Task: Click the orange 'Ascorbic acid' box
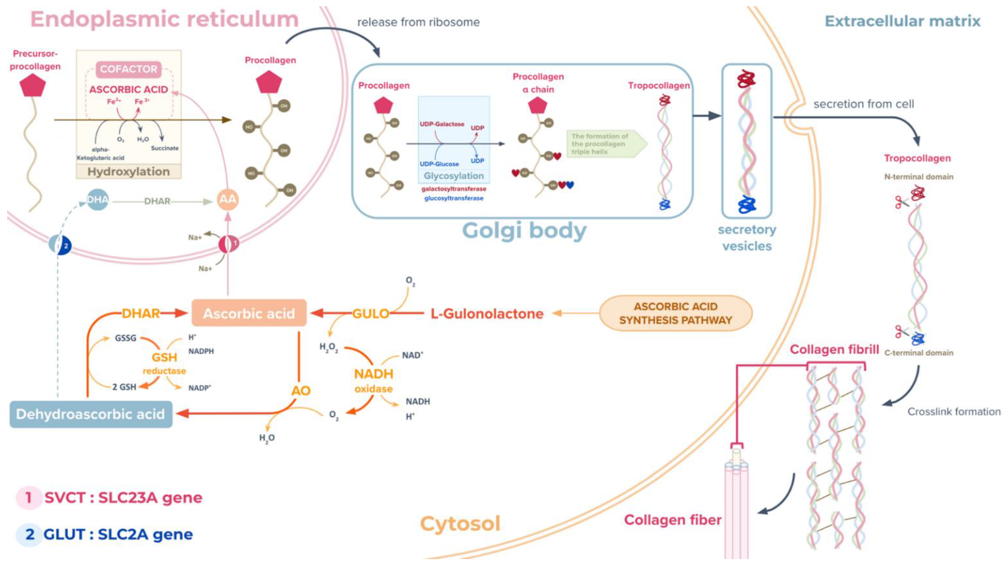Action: (x=249, y=313)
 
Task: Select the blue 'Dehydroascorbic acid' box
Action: (x=91, y=414)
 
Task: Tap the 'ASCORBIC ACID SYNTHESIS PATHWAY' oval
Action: (x=675, y=313)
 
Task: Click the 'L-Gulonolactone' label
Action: (x=487, y=314)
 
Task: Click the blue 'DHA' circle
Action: (x=97, y=200)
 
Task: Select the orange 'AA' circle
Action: (x=228, y=200)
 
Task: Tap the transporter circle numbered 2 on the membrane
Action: (x=60, y=245)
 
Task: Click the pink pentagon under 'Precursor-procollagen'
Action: (x=33, y=85)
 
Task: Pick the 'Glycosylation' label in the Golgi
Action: (x=454, y=176)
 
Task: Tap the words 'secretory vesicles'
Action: (x=747, y=238)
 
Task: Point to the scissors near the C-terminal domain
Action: (x=901, y=332)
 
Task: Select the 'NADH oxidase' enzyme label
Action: (x=373, y=380)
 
